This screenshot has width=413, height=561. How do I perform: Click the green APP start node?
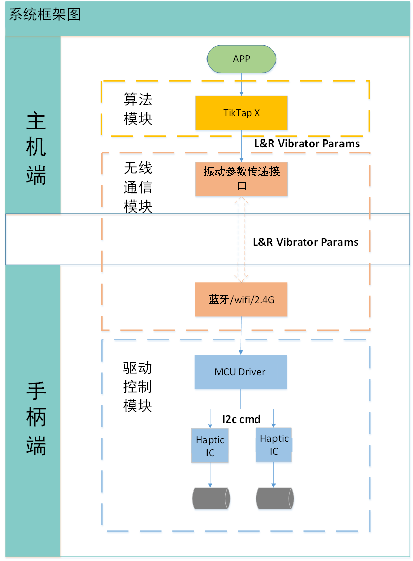pos(241,59)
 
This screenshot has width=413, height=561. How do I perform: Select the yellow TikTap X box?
pos(241,113)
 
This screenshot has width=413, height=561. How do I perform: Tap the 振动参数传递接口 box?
pos(241,178)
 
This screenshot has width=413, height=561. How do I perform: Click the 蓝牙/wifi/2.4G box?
pos(241,299)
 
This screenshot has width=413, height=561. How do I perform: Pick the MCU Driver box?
pos(240,372)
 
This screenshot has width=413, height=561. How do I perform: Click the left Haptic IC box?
pos(210,446)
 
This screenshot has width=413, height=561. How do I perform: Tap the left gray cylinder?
pos(211,499)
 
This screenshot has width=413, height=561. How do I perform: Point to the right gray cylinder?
pos(275,499)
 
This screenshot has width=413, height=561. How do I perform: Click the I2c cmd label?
pos(241,418)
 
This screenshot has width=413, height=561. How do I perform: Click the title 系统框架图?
pos(45,14)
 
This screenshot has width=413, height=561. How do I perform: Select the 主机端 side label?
pos(36,149)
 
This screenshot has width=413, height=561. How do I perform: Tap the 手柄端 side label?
pos(36,418)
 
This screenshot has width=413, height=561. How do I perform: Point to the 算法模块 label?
pos(138,109)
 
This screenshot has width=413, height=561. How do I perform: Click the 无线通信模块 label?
pos(138,187)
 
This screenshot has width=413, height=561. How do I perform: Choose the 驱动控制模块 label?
pos(137,387)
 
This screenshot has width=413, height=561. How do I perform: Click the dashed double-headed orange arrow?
pos(241,239)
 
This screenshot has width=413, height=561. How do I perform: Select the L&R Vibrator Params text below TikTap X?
pos(307,143)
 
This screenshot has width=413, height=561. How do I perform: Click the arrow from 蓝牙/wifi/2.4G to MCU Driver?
pos(241,335)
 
